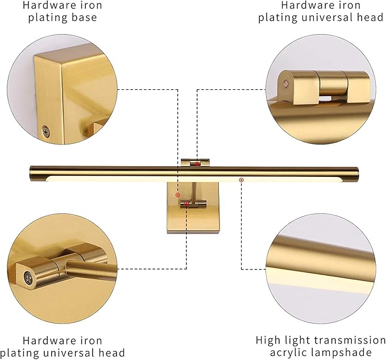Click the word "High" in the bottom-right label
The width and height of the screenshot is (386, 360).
pyautogui.click(x=268, y=340)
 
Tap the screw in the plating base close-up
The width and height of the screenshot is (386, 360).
pyautogui.click(x=45, y=131)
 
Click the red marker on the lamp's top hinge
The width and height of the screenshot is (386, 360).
pyautogui.click(x=197, y=164)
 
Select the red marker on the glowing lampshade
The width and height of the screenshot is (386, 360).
pyautogui.click(x=241, y=180)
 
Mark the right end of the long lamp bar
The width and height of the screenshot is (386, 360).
pyautogui.click(x=356, y=172)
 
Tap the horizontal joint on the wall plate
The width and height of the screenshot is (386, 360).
pyautogui.click(x=193, y=203)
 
